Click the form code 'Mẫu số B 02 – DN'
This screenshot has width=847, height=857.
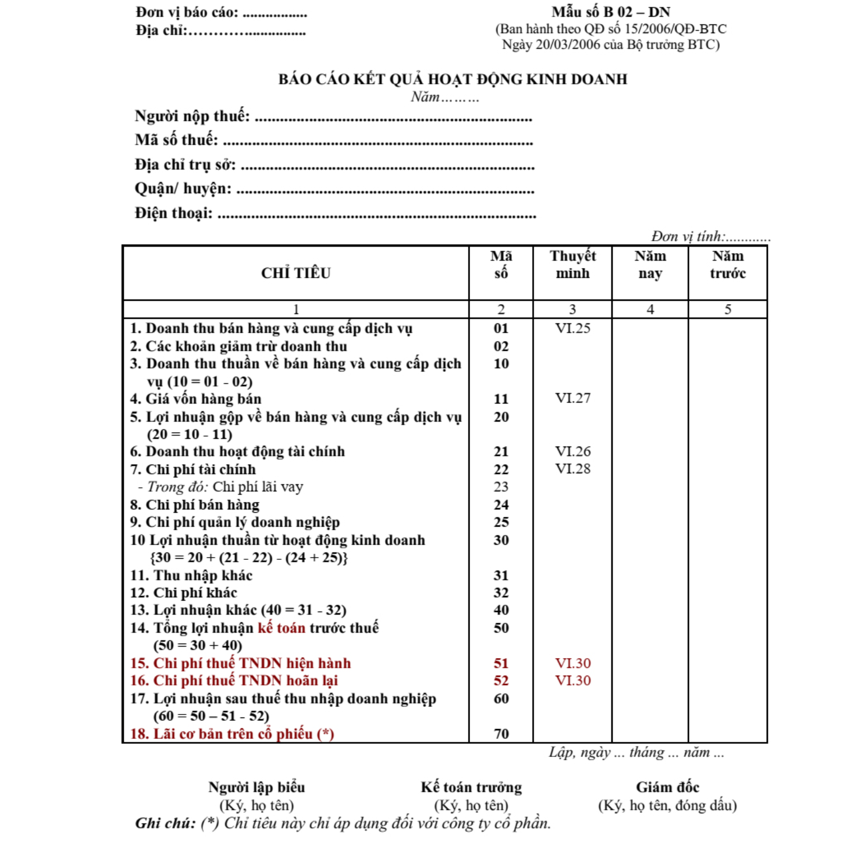tap(611, 12)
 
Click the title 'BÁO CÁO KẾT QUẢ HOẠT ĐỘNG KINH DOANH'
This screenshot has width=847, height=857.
tap(453, 79)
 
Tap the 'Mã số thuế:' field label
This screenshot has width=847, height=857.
tap(176, 140)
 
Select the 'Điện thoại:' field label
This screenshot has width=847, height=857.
tap(174, 213)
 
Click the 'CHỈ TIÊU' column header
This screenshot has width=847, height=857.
tap(296, 273)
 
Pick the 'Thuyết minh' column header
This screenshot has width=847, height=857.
tap(572, 265)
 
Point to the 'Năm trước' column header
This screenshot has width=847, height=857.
tap(727, 265)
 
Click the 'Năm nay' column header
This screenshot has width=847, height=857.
tap(650, 265)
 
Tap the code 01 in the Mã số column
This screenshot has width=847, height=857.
tap(501, 328)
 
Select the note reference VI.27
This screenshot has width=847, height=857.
tap(572, 398)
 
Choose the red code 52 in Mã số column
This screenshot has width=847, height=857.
tap(501, 681)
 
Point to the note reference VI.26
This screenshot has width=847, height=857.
tap(572, 451)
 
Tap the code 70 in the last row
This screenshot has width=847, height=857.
tap(501, 734)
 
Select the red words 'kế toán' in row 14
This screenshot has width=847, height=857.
tap(282, 628)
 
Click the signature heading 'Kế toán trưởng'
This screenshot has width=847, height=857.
tap(471, 787)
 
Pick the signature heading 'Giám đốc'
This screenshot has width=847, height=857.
tap(667, 787)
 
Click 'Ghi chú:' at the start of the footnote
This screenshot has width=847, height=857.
tap(165, 823)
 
